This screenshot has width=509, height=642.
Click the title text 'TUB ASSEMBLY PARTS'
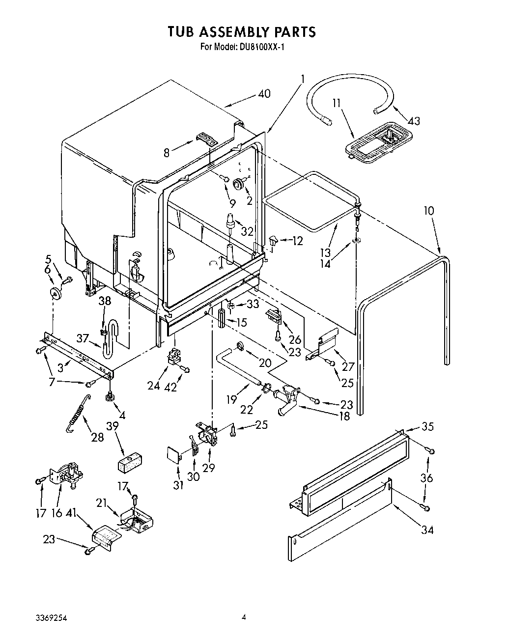[241, 32]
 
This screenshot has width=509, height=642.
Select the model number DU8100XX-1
[241, 47]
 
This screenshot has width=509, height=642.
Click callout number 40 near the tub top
[263, 93]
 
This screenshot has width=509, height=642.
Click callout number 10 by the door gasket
[429, 211]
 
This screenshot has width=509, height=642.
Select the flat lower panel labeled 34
[339, 536]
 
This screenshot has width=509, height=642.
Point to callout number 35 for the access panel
[427, 426]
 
